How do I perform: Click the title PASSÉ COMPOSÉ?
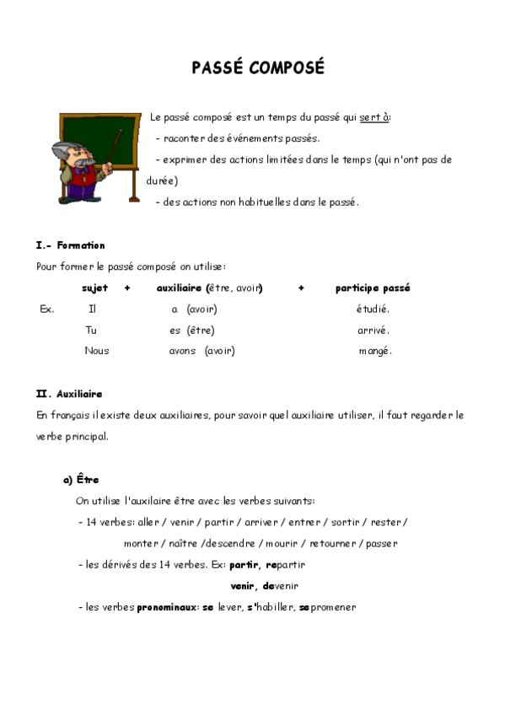tap(257, 68)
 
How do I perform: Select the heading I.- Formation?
tap(70, 245)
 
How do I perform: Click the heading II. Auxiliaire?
tap(69, 394)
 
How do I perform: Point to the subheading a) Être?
tap(81, 480)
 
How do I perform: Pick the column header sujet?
tap(94, 288)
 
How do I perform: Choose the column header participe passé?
tap(373, 288)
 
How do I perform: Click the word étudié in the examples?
tap(373, 309)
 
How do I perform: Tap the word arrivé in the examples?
tap(373, 331)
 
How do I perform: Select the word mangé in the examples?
tap(375, 351)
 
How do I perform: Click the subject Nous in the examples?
tap(96, 351)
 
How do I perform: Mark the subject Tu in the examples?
tap(91, 331)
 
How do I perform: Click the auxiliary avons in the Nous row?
tap(183, 351)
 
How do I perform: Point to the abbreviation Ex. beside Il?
tap(46, 309)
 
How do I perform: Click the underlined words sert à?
tap(374, 118)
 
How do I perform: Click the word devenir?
tap(281, 586)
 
